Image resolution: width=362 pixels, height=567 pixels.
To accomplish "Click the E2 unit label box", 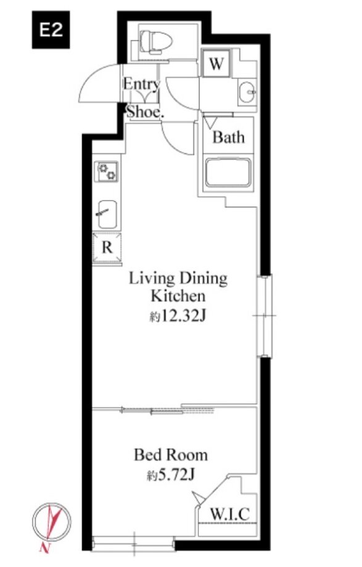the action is pos(51,30).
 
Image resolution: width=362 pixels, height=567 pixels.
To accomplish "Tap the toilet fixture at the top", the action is pos(155,41).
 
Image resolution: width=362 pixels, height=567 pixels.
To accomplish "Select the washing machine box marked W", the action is pos(216,63).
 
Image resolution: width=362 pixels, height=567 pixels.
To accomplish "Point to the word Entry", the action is pos(141,84).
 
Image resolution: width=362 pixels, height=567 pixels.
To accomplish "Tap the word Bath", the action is pos(228,137).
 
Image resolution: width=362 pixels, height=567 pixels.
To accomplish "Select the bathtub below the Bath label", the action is pos(228,173).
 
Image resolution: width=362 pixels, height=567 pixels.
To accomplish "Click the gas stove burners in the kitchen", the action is pos(106,172).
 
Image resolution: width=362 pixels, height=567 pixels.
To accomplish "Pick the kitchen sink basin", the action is pos(107,214).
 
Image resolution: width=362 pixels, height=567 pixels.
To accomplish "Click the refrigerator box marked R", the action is pos(107,247).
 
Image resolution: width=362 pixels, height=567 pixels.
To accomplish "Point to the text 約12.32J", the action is pos(178,316).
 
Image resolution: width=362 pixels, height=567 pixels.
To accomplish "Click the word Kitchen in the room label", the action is pos(178,296).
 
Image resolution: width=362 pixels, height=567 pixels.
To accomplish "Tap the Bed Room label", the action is pos(171,455).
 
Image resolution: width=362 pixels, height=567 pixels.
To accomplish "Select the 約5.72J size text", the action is pos(171,475).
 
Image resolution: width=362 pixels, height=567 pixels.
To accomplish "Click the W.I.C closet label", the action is pos(230,514).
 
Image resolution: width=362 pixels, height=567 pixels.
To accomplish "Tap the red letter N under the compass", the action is pos(44,547).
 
